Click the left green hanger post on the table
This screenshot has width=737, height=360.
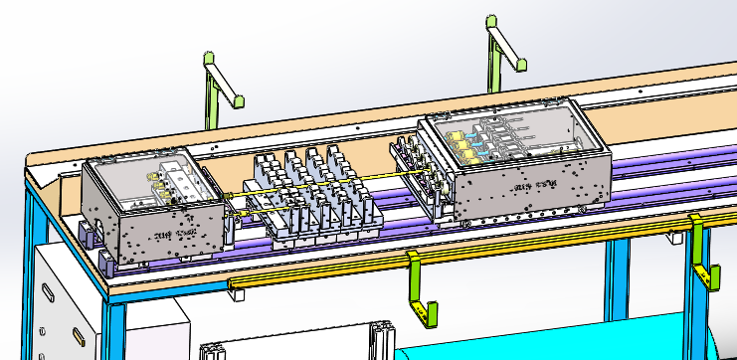210,94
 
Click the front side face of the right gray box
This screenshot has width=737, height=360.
527,189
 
